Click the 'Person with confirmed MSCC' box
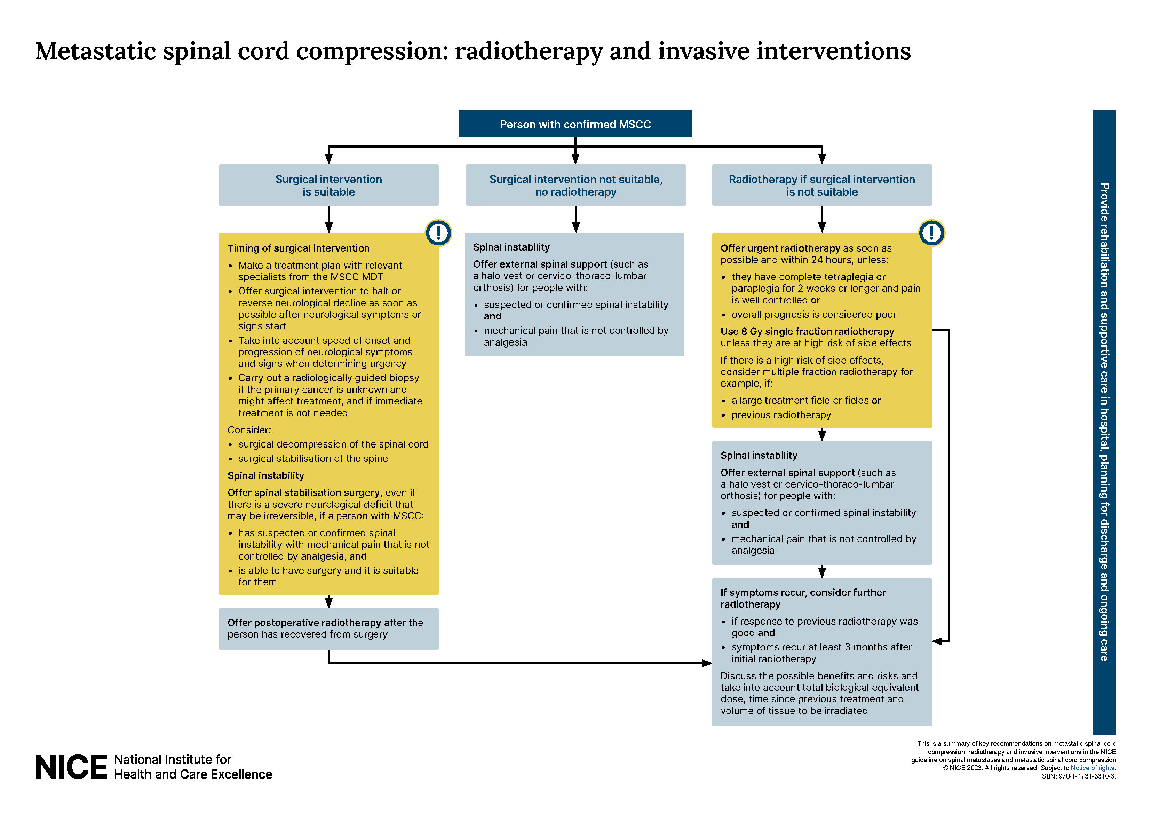[x=575, y=124]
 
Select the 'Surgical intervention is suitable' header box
[x=328, y=185]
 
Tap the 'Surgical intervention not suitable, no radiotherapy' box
[x=575, y=185]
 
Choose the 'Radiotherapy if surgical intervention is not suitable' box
[x=821, y=185]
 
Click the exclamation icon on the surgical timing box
[x=438, y=233]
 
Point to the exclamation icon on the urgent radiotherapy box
[x=931, y=233]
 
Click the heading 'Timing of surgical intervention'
[x=298, y=248]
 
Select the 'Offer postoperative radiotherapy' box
[x=328, y=629]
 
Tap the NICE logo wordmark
[x=71, y=767]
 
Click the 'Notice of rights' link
[x=1092, y=768]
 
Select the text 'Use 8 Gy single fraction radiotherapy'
[x=807, y=332]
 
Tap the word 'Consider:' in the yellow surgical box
[x=249, y=430]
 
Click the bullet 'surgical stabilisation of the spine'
[x=313, y=458]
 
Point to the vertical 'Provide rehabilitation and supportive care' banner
[x=1104, y=421]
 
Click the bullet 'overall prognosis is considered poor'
[x=813, y=315]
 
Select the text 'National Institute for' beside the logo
[x=173, y=759]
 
